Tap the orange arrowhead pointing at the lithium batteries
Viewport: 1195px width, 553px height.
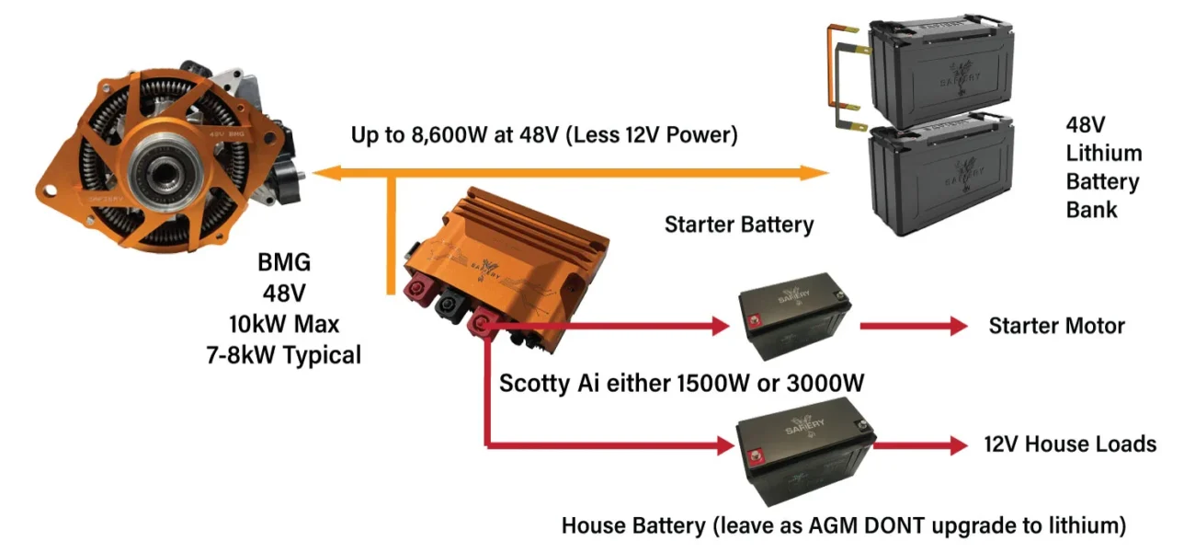814,172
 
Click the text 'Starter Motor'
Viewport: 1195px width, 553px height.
1056,326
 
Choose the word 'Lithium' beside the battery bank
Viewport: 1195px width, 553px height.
1103,153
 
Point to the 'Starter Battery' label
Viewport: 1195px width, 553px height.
739,224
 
